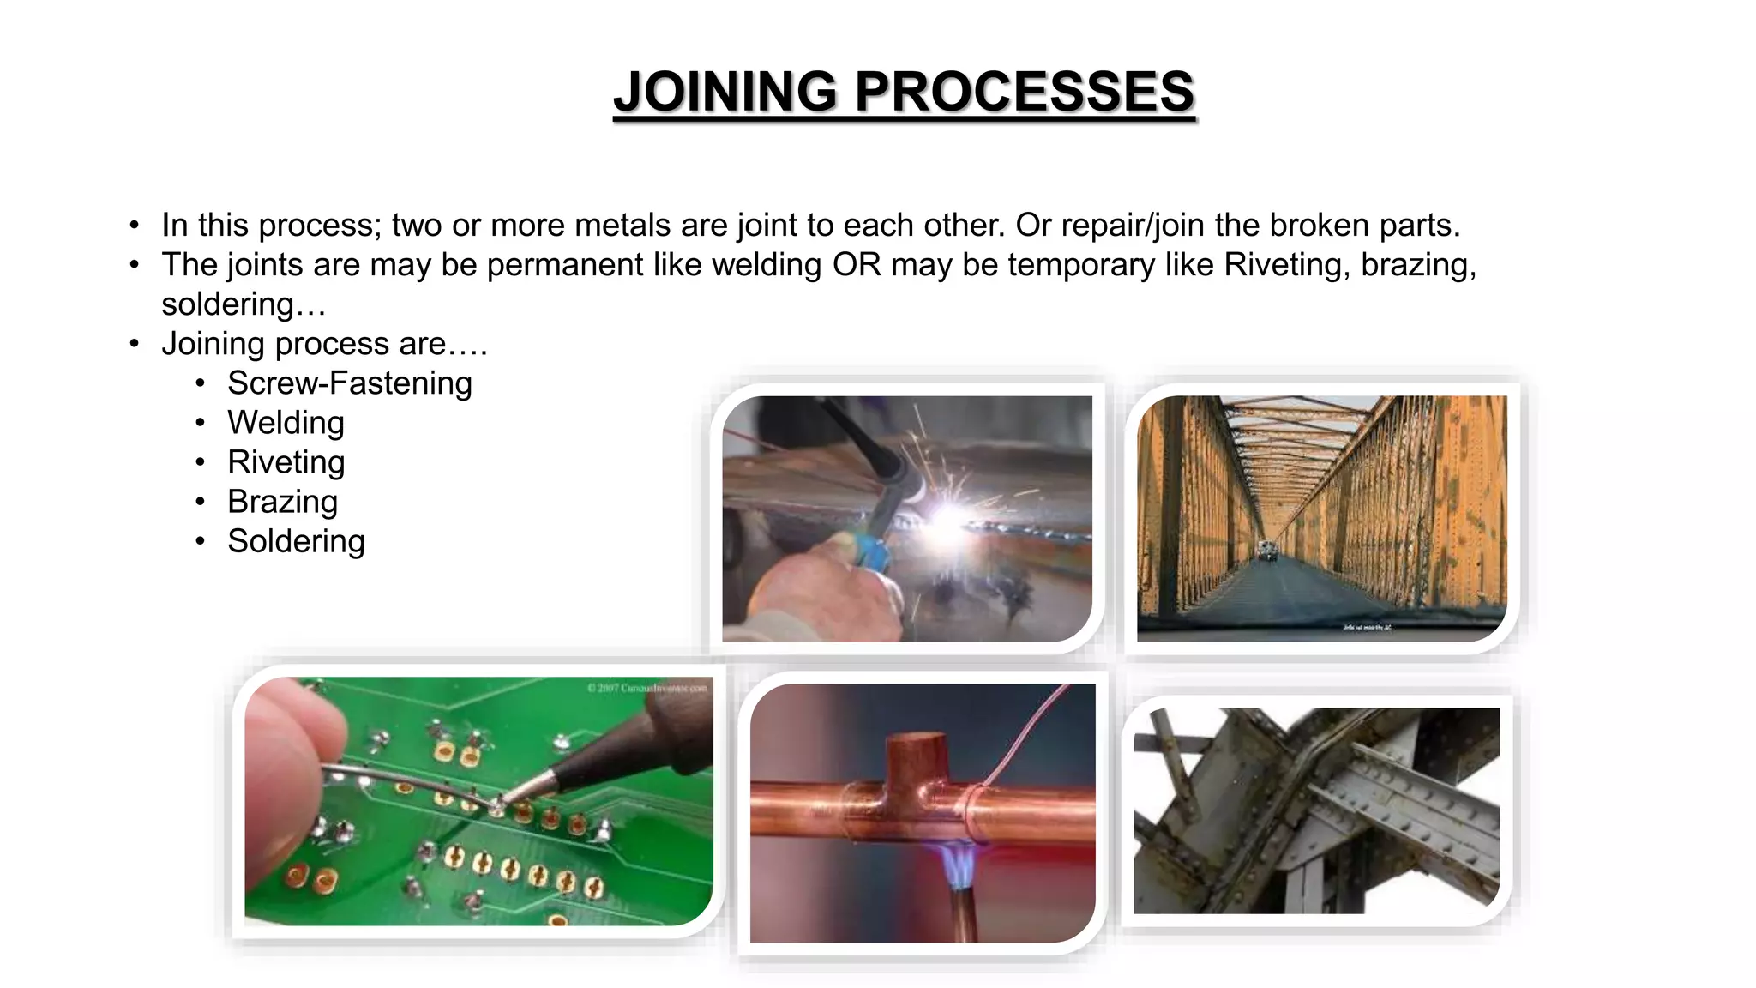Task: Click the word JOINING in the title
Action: pyautogui.click(x=725, y=92)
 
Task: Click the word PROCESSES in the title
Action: pyautogui.click(x=1024, y=92)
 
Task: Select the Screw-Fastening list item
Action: pyautogui.click(x=349, y=383)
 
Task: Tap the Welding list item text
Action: pyautogui.click(x=286, y=423)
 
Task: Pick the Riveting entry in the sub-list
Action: pyautogui.click(x=286, y=462)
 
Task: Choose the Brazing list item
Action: pyautogui.click(x=282, y=502)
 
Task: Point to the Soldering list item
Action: pyautogui.click(x=296, y=541)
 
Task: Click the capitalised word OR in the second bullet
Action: pyautogui.click(x=857, y=265)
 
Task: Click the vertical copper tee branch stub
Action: pyautogui.click(x=917, y=759)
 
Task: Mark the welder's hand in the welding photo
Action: pyautogui.click(x=823, y=592)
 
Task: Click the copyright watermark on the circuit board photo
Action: pyautogui.click(x=647, y=688)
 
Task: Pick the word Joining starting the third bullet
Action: pyautogui.click(x=214, y=344)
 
